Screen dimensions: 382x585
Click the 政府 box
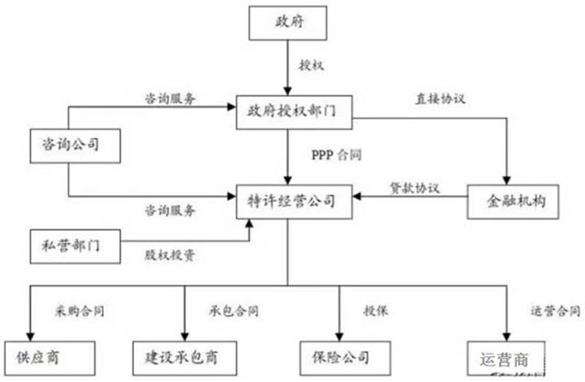coord(286,23)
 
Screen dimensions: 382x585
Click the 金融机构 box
coord(513,199)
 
